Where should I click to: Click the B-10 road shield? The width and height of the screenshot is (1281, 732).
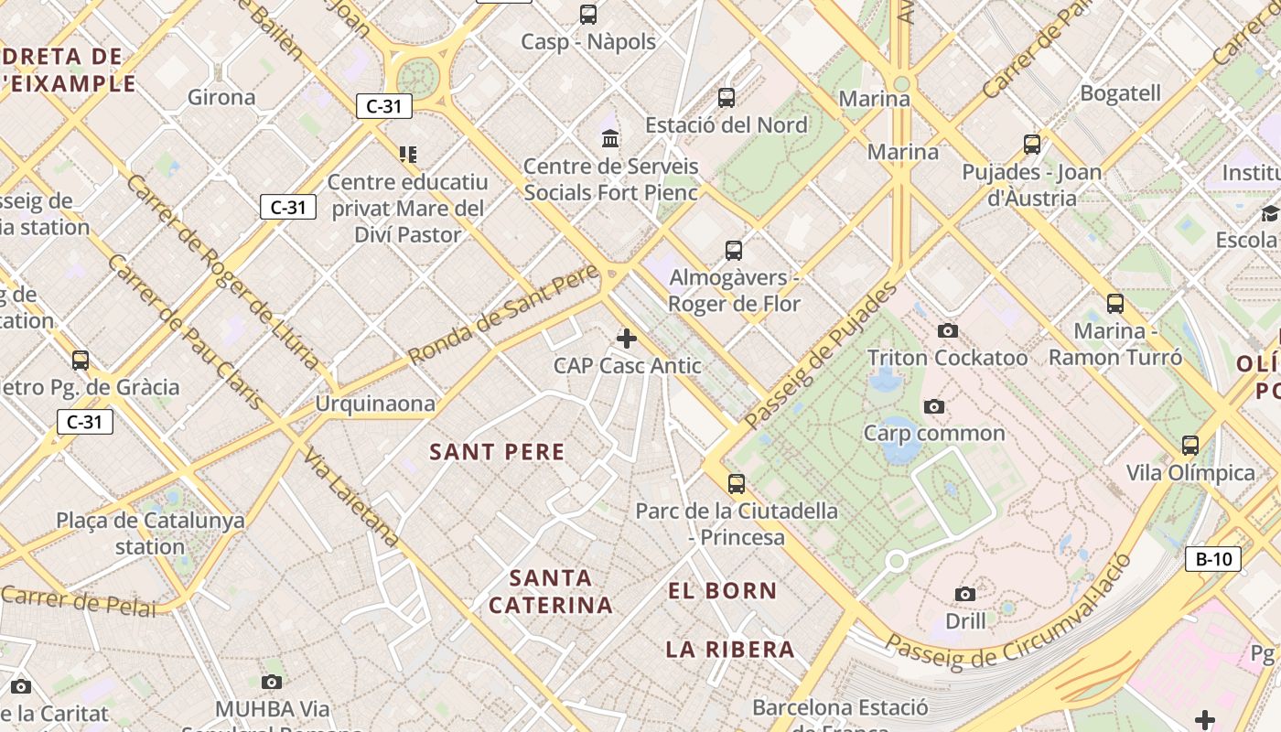[x=1213, y=559]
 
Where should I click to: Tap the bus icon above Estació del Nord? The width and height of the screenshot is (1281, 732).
[x=727, y=97]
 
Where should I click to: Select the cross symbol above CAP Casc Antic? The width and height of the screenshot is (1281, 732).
[x=627, y=339]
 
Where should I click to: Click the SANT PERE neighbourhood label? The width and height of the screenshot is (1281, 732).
[x=498, y=452]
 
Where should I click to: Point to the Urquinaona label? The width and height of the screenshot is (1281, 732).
[x=375, y=404]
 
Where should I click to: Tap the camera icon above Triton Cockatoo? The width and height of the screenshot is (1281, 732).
[x=948, y=330]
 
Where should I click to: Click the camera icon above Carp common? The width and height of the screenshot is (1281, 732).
[x=934, y=406]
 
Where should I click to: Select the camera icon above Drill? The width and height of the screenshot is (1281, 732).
[x=965, y=595]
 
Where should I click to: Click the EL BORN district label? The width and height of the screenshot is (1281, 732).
[x=723, y=591]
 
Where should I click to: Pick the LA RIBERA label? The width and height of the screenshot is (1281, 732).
[x=730, y=650]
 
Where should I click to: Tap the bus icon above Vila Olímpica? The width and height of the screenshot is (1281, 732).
[x=1190, y=446]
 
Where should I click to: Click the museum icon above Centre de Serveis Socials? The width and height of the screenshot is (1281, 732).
[x=610, y=139]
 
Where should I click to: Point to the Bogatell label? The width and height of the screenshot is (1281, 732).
[x=1120, y=93]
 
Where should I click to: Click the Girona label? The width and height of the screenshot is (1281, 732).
[x=221, y=97]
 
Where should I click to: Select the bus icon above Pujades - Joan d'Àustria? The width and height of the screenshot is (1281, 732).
[x=1032, y=145]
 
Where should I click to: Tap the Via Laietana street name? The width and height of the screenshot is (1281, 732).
[x=352, y=497]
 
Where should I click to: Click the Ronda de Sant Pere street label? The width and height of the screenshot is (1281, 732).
[x=503, y=313]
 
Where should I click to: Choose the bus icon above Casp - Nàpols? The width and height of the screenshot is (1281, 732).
[x=588, y=15]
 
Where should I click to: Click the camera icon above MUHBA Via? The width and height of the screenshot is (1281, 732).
[x=272, y=682]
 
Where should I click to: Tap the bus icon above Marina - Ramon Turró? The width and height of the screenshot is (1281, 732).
[x=1115, y=304]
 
